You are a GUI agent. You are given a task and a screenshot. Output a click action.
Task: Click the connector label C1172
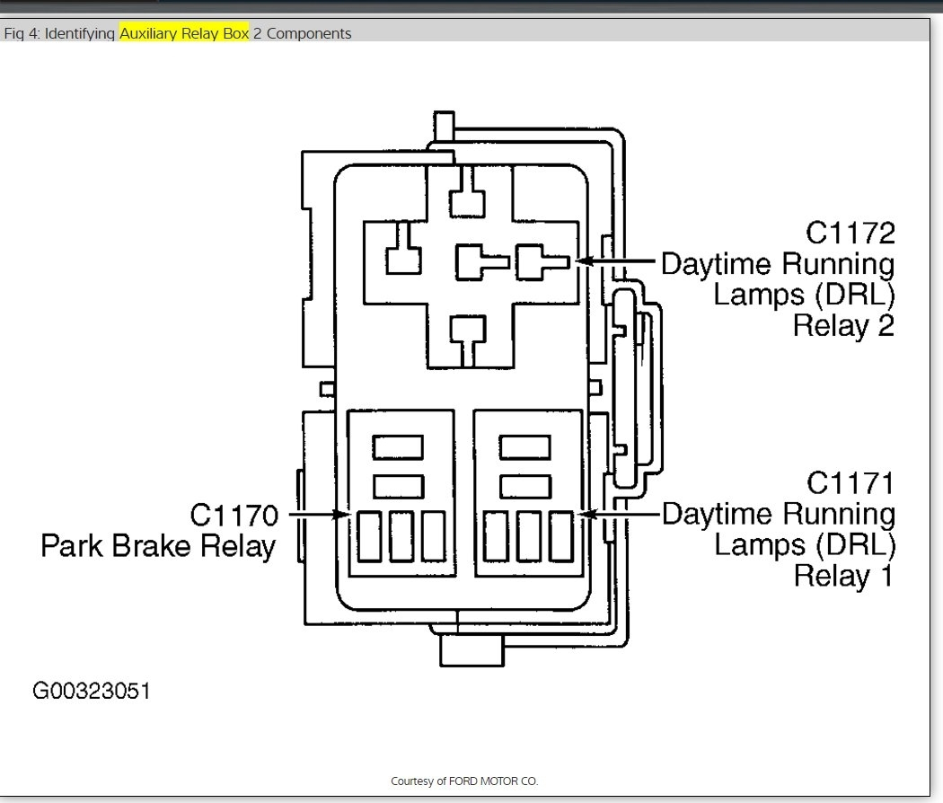coord(850,234)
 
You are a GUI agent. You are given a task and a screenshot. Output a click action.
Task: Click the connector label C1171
coord(850,483)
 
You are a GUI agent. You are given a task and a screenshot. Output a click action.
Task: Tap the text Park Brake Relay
coord(158,546)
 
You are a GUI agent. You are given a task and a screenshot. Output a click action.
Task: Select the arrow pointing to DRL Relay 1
coord(620,515)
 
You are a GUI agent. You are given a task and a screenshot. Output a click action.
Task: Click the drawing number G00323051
coord(92,691)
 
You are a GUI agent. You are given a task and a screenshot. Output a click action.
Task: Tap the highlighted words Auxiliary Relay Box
coord(184,33)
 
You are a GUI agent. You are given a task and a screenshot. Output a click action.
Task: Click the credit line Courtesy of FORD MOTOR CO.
coord(464,781)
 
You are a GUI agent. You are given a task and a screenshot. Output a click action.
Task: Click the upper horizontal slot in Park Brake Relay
coord(398,446)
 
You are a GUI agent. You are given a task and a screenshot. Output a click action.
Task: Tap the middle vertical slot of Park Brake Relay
coord(401,535)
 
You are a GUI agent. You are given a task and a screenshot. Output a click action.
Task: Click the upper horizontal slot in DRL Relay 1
coord(524,446)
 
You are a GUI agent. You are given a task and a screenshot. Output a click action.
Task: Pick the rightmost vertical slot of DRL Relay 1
coord(561,535)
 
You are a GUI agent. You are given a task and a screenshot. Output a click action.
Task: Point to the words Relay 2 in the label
coord(843,325)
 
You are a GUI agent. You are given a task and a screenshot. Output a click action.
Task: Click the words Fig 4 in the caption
coord(22,33)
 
